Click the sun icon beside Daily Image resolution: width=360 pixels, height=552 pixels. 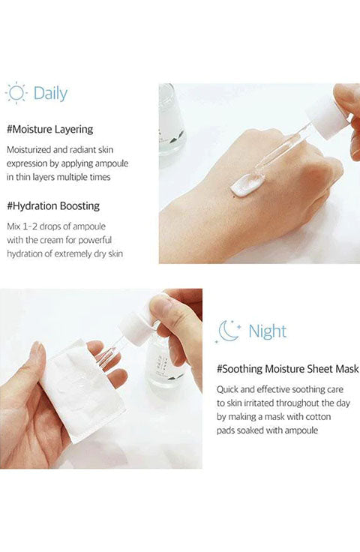pyautogui.click(x=16, y=93)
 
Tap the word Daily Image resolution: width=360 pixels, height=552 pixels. pyautogui.click(x=50, y=94)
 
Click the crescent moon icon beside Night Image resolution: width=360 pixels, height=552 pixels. pyautogui.click(x=228, y=331)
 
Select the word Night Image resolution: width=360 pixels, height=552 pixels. pyautogui.click(x=268, y=331)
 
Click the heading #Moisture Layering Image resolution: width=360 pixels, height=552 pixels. pyautogui.click(x=50, y=129)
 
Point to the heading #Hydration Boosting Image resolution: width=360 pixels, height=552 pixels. pyautogui.click(x=53, y=206)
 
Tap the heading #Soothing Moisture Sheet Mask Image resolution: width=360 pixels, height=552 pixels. pyautogui.click(x=287, y=369)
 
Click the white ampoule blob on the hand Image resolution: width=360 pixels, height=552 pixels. pyautogui.click(x=244, y=184)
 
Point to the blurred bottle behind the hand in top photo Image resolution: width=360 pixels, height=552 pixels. pyautogui.click(x=172, y=120)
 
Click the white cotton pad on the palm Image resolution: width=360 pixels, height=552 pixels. pyautogui.click(x=82, y=391)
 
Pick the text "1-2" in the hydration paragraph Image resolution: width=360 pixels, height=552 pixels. pyautogui.click(x=29, y=226)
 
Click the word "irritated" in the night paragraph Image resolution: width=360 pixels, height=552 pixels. pyautogui.click(x=256, y=403)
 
